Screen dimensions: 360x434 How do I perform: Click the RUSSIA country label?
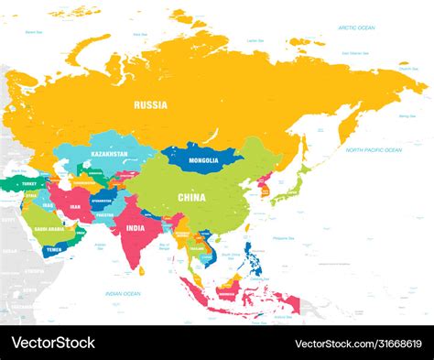151,104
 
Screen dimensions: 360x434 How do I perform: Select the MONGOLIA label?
203,161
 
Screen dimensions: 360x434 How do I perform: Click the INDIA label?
135,228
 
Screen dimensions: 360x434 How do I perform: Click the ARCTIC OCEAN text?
356,27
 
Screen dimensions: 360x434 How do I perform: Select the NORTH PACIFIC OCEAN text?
374,149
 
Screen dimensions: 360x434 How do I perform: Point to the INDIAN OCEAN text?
123,293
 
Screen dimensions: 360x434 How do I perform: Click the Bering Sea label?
407,116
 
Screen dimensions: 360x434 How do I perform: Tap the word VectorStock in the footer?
53,343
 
